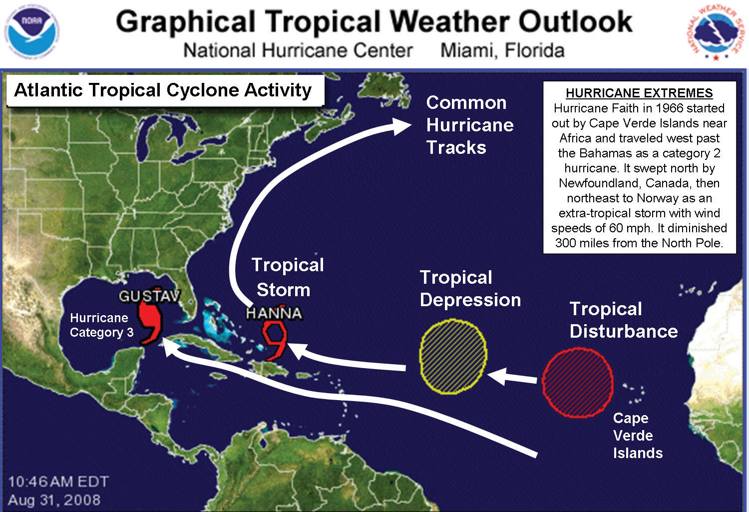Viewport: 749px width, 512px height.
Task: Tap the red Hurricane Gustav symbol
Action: [x=149, y=323]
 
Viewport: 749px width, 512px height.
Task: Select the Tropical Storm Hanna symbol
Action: [x=275, y=340]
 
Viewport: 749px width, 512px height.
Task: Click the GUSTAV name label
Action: [x=149, y=296]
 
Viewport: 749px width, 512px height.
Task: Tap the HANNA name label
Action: [x=274, y=313]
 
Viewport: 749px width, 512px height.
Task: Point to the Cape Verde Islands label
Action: [x=637, y=436]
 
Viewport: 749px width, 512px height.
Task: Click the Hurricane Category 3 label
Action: [x=101, y=325]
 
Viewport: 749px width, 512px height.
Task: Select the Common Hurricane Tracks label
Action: [x=469, y=125]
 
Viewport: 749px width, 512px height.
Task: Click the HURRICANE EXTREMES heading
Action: [x=639, y=93]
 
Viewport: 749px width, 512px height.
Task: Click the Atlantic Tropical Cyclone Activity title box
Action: [x=163, y=90]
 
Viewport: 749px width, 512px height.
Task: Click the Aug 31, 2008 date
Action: [x=54, y=500]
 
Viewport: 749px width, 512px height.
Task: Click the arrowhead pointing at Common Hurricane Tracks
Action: [x=401, y=125]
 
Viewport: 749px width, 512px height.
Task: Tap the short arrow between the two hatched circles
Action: [x=512, y=377]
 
